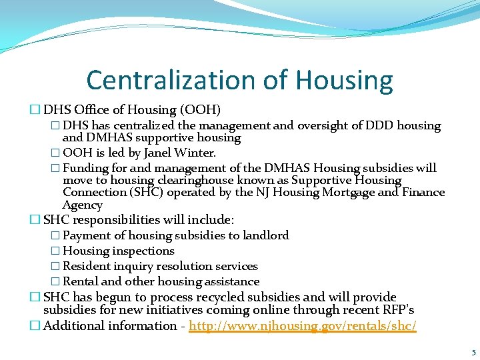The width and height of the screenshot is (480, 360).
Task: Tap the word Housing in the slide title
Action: click(345, 80)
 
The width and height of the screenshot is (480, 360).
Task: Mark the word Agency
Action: click(83, 205)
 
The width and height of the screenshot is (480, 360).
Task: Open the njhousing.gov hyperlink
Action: click(303, 326)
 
